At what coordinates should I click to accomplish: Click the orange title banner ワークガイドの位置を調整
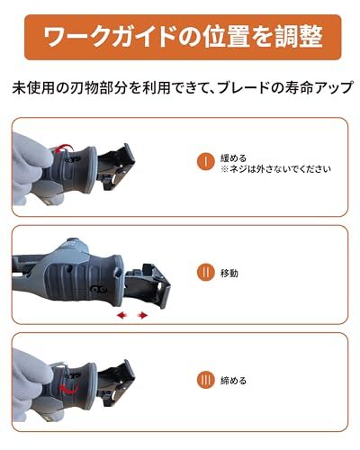click(x=183, y=37)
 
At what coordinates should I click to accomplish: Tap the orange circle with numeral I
click(x=206, y=162)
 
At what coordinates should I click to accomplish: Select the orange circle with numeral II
click(x=206, y=273)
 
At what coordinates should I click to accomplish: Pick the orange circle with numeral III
click(x=206, y=380)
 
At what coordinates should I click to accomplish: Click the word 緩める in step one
click(x=233, y=157)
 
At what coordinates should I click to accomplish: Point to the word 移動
click(x=229, y=273)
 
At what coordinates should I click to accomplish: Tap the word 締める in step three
click(x=233, y=381)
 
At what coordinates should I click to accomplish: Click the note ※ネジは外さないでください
click(x=276, y=169)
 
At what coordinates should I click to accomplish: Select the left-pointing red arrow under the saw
click(x=121, y=315)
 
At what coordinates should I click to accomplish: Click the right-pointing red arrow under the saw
click(x=143, y=315)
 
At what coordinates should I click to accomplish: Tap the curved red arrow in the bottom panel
click(x=68, y=389)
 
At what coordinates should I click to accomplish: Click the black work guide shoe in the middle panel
click(x=148, y=285)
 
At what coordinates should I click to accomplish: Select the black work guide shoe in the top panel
click(x=117, y=166)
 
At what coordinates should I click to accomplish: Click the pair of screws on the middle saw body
click(x=99, y=289)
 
